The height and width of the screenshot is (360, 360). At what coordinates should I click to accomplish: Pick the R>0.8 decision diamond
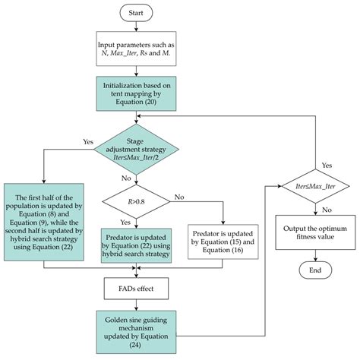coord(135,203)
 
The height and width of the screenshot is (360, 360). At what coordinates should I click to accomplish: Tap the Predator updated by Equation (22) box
coord(135,242)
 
